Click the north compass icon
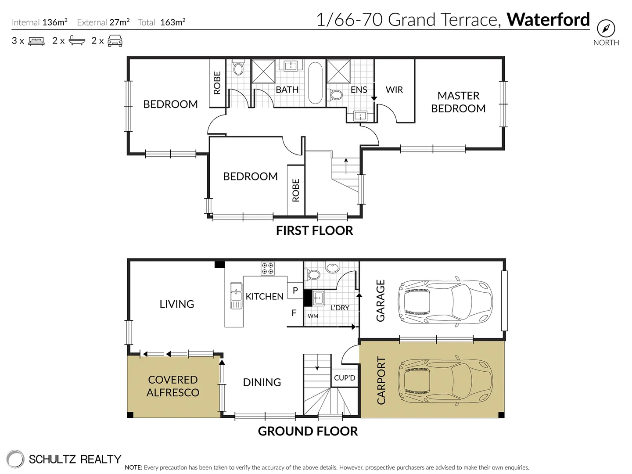(x=606, y=29)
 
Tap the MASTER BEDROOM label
(x=458, y=102)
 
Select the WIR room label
(x=394, y=90)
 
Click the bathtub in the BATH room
(x=315, y=83)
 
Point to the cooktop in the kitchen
(x=268, y=268)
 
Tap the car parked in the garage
(x=445, y=301)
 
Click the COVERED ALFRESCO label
(x=173, y=386)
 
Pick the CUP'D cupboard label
(x=345, y=378)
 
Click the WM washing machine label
(x=313, y=316)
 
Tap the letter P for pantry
(x=295, y=291)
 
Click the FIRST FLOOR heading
(x=314, y=230)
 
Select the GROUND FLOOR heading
(x=308, y=431)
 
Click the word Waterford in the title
(x=548, y=20)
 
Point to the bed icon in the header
(x=36, y=41)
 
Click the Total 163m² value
(x=172, y=22)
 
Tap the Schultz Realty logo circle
(x=15, y=459)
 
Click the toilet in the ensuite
(x=337, y=95)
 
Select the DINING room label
(x=262, y=382)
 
